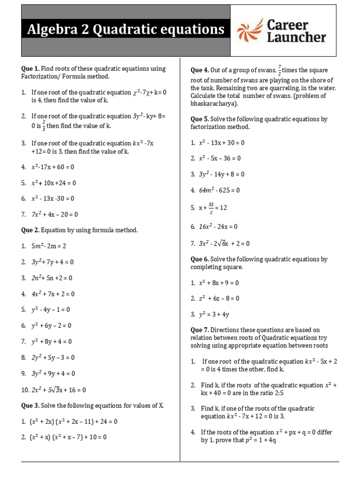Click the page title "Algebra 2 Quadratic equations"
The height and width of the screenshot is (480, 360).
pos(126,30)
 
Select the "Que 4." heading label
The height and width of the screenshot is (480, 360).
pos(199,70)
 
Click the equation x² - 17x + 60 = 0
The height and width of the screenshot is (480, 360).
pos(53,166)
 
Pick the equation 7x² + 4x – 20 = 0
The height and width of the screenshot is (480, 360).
pos(54,214)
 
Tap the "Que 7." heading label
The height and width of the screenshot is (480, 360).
pos(199,330)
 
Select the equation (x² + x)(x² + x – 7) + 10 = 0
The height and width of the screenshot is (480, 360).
pos(68,437)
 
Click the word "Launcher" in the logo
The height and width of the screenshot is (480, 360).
pos(296,37)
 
